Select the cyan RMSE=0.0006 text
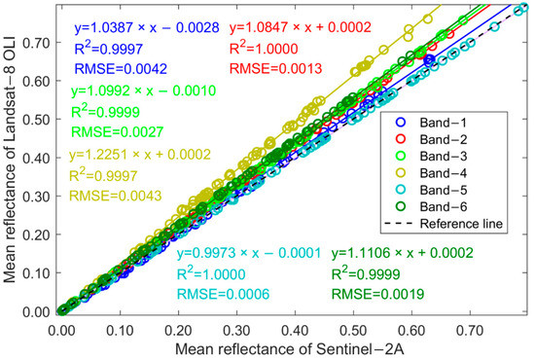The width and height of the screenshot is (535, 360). (223, 293)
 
